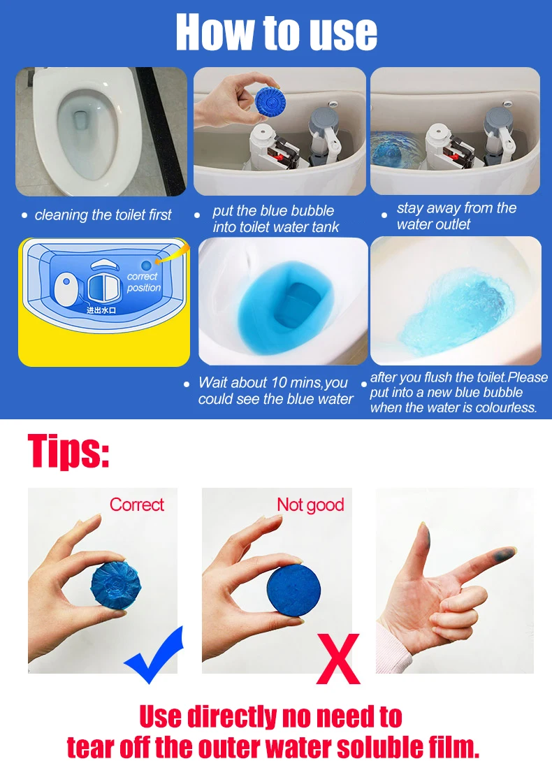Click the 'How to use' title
click(x=276, y=32)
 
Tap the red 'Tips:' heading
click(x=68, y=451)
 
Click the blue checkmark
click(x=154, y=654)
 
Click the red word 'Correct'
click(x=136, y=505)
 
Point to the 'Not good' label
click(x=310, y=505)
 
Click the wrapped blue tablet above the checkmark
click(x=116, y=585)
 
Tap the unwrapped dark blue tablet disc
click(x=293, y=586)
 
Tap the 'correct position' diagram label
click(x=143, y=282)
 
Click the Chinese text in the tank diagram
click(x=101, y=310)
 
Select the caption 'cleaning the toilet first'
click(x=103, y=215)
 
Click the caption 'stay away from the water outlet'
click(x=456, y=216)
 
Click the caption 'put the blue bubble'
click(x=273, y=211)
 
